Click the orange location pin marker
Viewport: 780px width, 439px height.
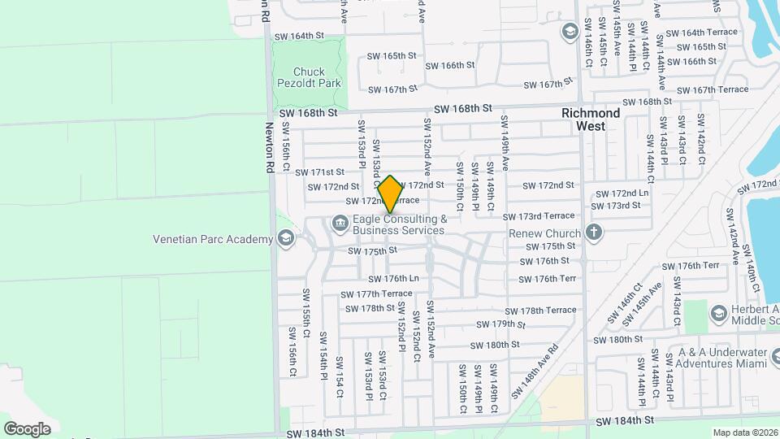tap(390, 193)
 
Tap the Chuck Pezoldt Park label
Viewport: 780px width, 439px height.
tap(309, 77)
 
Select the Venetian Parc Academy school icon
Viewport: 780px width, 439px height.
tap(285, 238)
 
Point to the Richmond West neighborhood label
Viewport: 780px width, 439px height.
tap(591, 120)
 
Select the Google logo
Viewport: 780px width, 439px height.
tap(27, 428)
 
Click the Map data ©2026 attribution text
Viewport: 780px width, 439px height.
tap(744, 432)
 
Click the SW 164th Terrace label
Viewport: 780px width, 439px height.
tap(701, 33)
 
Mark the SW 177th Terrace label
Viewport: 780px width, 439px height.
tap(376, 293)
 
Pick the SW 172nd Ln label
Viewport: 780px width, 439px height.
tap(622, 193)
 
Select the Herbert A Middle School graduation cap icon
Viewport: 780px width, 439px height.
tap(718, 313)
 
